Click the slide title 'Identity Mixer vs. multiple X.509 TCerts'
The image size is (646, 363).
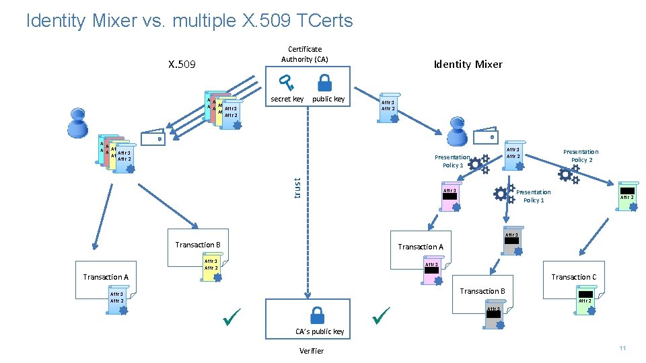click(x=189, y=21)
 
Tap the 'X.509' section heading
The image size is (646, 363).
click(x=182, y=65)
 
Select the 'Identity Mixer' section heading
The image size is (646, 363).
click(x=468, y=64)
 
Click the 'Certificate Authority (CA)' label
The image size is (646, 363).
click(x=305, y=54)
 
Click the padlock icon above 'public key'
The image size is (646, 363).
click(x=324, y=83)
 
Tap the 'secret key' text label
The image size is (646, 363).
click(x=287, y=99)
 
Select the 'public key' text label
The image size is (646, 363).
click(x=328, y=99)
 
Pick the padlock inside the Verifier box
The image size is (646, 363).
click(x=316, y=316)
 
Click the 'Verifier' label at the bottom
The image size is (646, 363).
click(x=311, y=351)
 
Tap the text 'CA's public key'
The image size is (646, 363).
click(x=320, y=331)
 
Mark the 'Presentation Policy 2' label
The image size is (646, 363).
click(x=580, y=156)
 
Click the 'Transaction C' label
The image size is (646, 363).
click(x=573, y=277)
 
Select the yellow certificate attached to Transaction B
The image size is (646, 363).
click(x=212, y=268)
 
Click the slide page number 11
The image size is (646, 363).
click(x=622, y=348)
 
